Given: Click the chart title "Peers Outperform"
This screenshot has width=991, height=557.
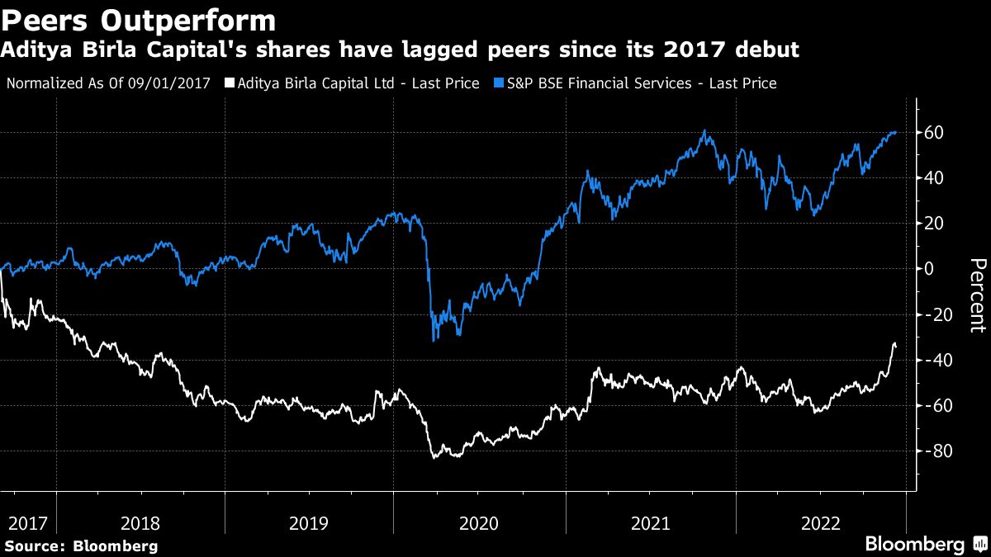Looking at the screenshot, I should tap(139, 19).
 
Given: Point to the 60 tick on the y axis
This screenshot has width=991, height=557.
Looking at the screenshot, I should tap(936, 133).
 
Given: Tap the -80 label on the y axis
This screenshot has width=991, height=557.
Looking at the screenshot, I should tap(939, 451).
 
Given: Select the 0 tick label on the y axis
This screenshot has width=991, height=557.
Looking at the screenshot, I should tap(929, 269).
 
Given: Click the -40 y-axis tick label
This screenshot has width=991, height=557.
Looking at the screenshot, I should tap(939, 361).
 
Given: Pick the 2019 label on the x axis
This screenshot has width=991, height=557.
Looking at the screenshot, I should tap(308, 522).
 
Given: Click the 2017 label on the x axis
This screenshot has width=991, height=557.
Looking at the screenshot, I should tap(27, 522).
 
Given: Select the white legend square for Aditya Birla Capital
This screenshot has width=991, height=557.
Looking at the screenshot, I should tap(229, 83).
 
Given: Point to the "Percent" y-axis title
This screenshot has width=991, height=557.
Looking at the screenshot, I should tap(976, 295).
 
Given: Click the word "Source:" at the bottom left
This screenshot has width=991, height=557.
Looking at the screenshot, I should tap(36, 545).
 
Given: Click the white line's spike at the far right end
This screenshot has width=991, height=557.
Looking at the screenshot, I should tap(894, 343).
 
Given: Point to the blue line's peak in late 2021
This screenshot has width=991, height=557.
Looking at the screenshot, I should tap(704, 130).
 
